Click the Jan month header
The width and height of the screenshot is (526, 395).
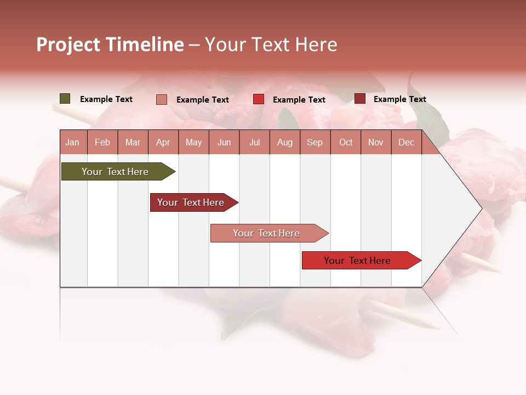tap(72, 142)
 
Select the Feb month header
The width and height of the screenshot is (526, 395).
tap(102, 142)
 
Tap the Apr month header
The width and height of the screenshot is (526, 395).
tap(163, 142)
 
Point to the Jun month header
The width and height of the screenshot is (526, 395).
tap(224, 142)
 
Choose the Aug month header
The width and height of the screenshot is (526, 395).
tap(284, 142)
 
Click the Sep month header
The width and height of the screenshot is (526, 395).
tap(315, 142)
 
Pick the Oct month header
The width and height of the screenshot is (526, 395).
tap(346, 142)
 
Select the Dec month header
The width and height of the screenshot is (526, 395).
tap(406, 142)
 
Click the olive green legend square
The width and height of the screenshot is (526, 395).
tap(65, 99)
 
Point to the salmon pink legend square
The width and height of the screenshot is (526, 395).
tap(162, 99)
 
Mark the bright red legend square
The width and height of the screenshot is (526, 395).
tap(259, 99)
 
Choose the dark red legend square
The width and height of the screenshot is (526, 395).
tap(360, 99)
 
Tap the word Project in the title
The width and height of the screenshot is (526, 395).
tap(68, 44)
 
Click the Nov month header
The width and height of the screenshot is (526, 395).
tap(376, 142)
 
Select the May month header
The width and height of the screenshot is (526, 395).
tap(193, 142)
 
